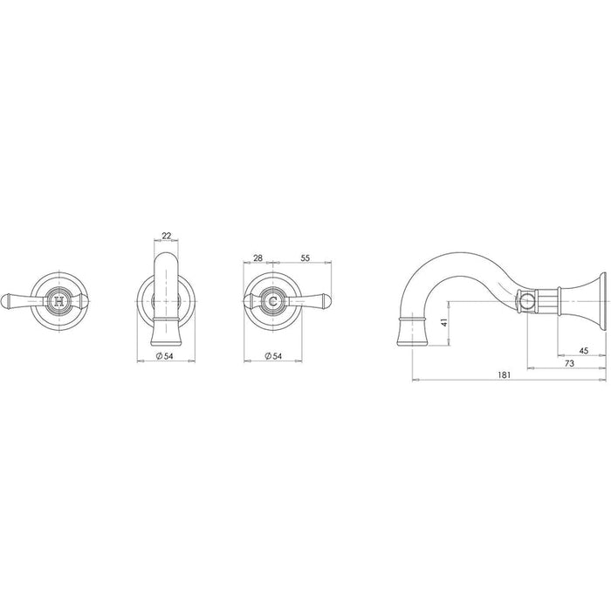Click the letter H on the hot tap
[x=58, y=301]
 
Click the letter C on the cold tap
[x=273, y=301]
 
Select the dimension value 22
[x=167, y=236]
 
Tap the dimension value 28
[x=258, y=258]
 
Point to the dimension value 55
[x=305, y=258]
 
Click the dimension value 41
[x=443, y=322]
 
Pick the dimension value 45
[x=583, y=351]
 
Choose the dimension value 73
[x=569, y=364]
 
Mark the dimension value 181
[x=504, y=374]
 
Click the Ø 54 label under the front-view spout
[x=164, y=356]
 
